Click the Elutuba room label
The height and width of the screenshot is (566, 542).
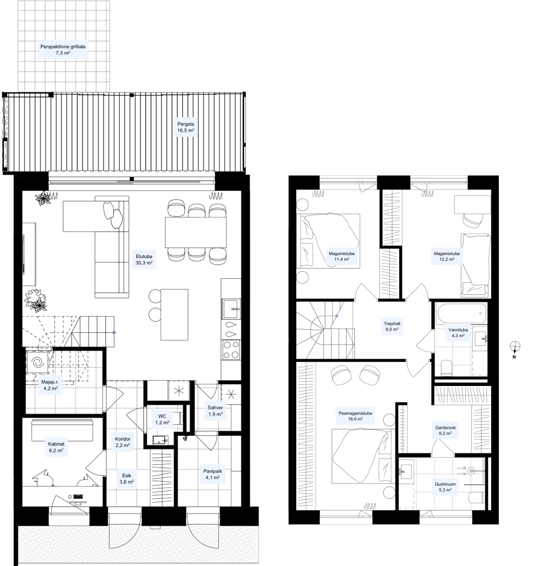coord(144,259)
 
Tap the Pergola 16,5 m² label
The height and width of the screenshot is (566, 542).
coord(186,127)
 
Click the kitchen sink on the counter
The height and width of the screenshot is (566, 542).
coord(231,309)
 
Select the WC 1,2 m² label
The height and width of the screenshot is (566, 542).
coord(162,419)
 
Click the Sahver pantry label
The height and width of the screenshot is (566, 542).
coord(215,411)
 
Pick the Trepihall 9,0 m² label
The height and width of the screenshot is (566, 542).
coord(392,326)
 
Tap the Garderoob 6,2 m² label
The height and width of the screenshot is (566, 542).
coord(445,430)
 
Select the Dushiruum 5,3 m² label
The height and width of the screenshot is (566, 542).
coord(445,487)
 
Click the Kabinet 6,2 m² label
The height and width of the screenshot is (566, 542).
coord(56,447)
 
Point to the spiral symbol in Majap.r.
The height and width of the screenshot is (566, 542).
coord(37,362)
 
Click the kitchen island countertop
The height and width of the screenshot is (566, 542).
coord(175,314)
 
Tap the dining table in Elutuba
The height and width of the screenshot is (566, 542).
coord(196,232)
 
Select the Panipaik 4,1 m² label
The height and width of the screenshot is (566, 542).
coord(213,474)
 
